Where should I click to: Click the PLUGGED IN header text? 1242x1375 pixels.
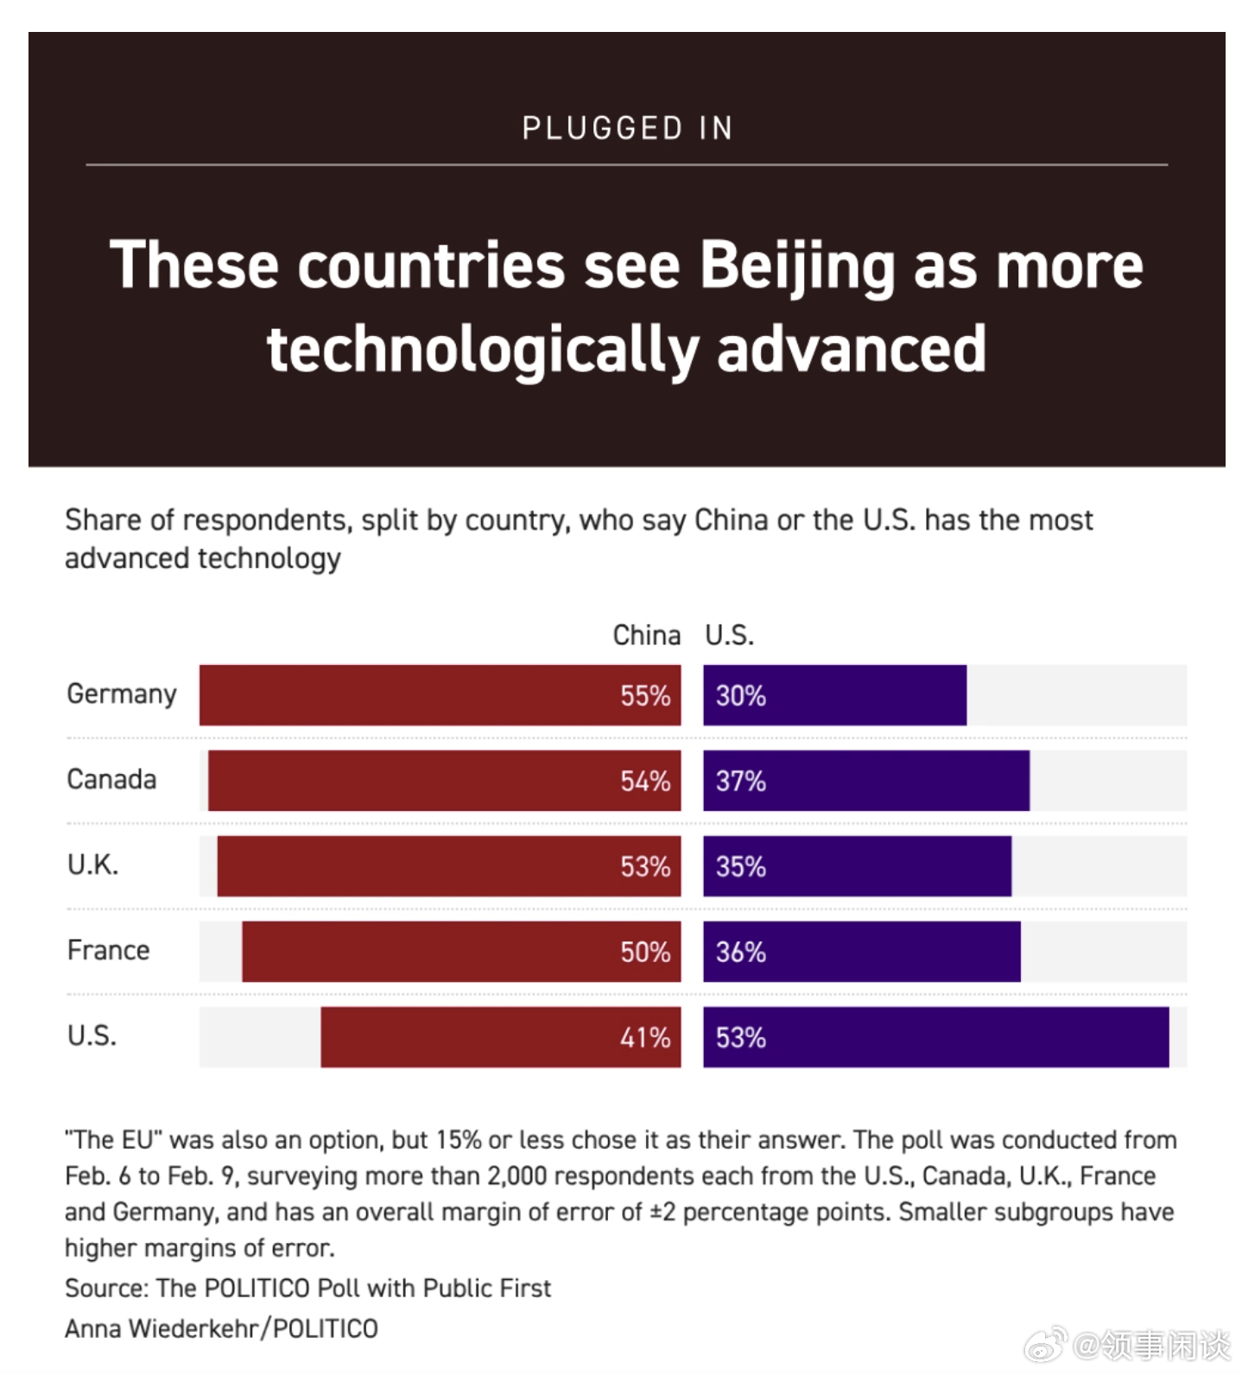627,129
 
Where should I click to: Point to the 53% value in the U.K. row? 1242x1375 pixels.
644,866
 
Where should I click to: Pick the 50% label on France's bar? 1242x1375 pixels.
644,952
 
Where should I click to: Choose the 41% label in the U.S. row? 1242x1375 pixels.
644,1037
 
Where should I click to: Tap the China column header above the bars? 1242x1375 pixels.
646,636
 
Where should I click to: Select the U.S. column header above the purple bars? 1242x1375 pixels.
729,636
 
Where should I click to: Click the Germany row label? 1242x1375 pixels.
122,694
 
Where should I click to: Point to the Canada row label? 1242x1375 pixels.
111,779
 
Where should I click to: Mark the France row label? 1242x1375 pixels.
108,950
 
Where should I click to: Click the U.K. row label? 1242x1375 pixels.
92,865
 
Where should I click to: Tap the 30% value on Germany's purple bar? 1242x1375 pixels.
740,695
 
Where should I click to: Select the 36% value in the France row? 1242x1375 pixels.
740,952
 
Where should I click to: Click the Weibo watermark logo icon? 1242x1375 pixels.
1045,1345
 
